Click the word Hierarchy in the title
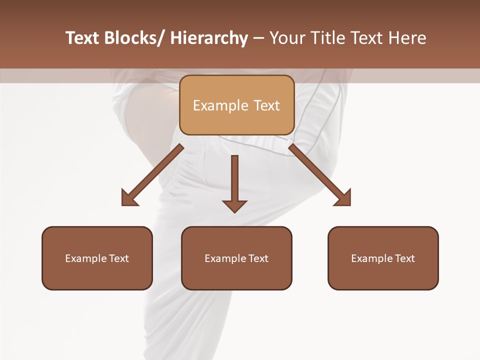208,38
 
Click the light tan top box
236,105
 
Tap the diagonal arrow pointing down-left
155,173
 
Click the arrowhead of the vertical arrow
234,205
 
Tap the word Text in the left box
119,258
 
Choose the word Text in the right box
405,258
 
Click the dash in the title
258,38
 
